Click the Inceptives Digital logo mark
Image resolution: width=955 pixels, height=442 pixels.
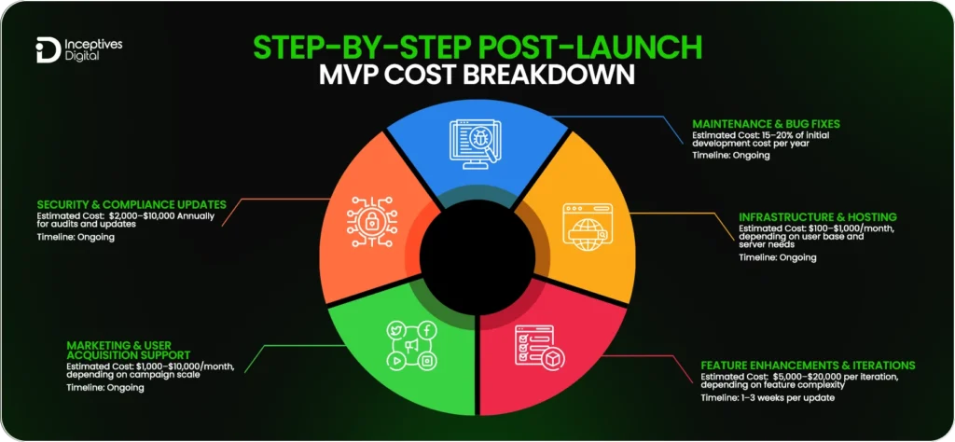[44, 50]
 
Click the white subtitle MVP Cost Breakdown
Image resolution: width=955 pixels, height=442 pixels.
[477, 75]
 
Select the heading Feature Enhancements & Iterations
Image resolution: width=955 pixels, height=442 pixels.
[808, 365]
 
